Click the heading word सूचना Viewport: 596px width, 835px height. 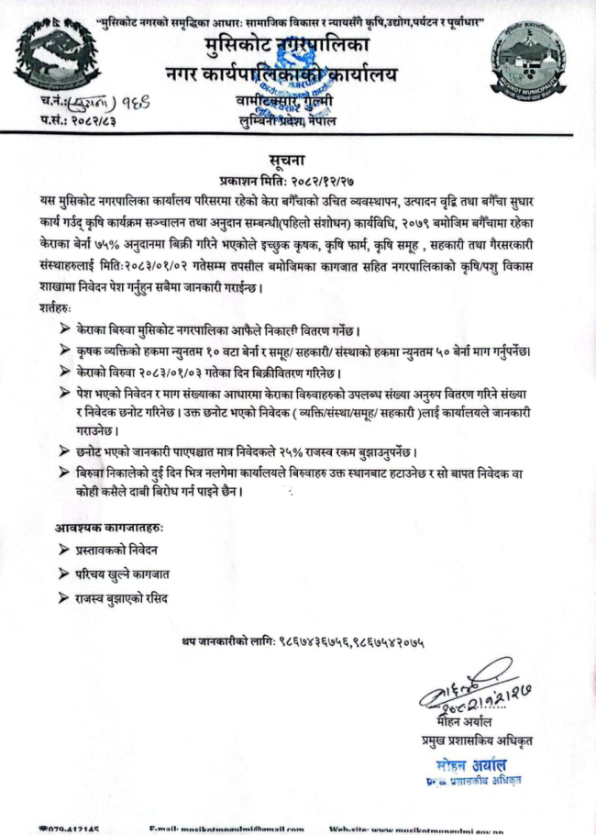(x=298, y=161)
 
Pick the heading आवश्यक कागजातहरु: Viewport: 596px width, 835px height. (x=110, y=529)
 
